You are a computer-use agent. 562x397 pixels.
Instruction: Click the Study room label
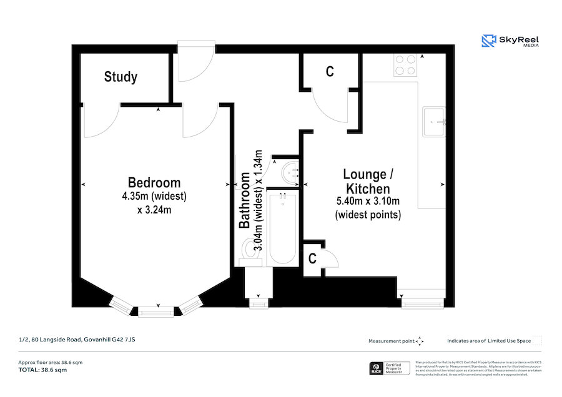click(x=121, y=77)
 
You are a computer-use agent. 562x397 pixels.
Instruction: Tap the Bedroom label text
click(x=154, y=183)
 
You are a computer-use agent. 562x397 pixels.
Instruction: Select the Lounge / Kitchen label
click(x=368, y=181)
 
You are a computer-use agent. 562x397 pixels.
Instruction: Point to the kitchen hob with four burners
click(x=405, y=66)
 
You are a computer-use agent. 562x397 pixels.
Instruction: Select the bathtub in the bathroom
click(x=282, y=228)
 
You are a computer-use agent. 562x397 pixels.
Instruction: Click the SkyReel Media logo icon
click(x=488, y=41)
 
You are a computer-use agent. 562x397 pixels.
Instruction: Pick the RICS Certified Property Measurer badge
click(x=390, y=368)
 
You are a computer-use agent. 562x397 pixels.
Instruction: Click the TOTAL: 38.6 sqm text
click(x=42, y=370)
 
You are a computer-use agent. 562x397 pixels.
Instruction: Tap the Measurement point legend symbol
click(x=420, y=341)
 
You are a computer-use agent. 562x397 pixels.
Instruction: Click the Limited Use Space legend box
click(x=537, y=340)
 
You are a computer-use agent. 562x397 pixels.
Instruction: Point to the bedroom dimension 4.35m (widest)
click(x=154, y=197)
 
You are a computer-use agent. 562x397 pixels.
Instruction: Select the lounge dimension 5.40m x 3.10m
click(x=368, y=201)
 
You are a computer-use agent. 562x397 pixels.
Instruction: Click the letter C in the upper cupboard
click(x=330, y=72)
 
